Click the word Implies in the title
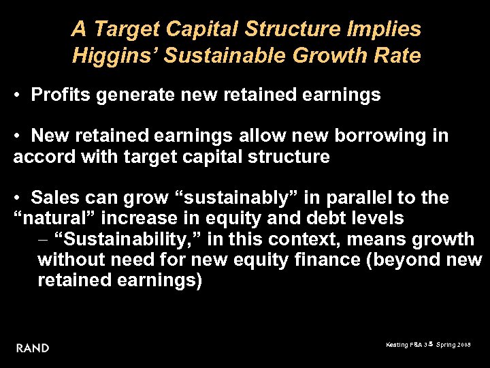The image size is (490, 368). [386, 29]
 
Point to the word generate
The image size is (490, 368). [137, 95]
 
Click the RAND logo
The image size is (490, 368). [33, 348]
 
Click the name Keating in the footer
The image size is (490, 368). [396, 346]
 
